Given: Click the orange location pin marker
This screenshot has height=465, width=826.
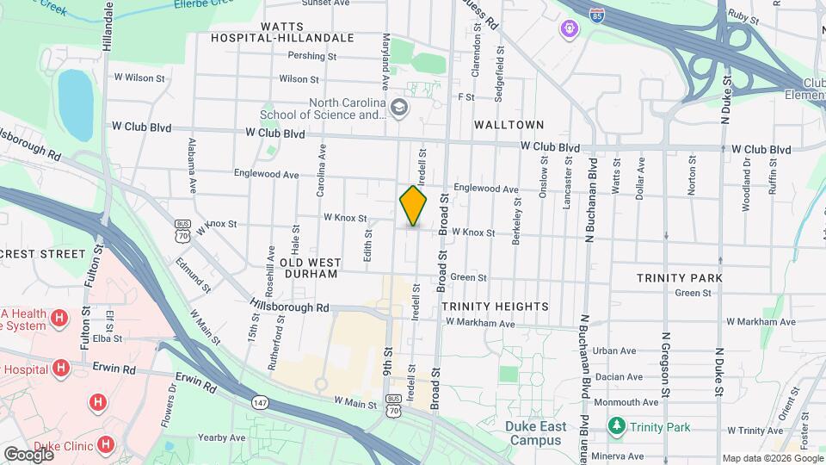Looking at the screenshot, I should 414,206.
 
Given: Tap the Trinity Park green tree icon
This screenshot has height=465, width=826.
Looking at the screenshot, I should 616,426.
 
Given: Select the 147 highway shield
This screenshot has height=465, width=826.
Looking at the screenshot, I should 260,402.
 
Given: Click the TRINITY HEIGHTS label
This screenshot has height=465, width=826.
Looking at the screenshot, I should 495,307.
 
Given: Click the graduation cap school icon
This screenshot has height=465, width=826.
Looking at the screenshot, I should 398,108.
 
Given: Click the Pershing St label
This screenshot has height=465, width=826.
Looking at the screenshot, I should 312,56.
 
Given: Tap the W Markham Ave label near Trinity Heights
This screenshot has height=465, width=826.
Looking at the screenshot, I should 479,323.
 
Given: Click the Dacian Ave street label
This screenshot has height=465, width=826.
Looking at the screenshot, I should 622,377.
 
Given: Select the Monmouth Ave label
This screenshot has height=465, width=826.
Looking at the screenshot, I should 626,402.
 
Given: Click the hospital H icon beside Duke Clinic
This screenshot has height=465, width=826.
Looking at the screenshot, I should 105,444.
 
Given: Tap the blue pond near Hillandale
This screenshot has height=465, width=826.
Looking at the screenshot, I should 75,104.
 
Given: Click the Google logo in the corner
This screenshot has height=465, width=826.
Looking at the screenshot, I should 28,454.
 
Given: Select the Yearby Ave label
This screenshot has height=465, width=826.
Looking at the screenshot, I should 222,437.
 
